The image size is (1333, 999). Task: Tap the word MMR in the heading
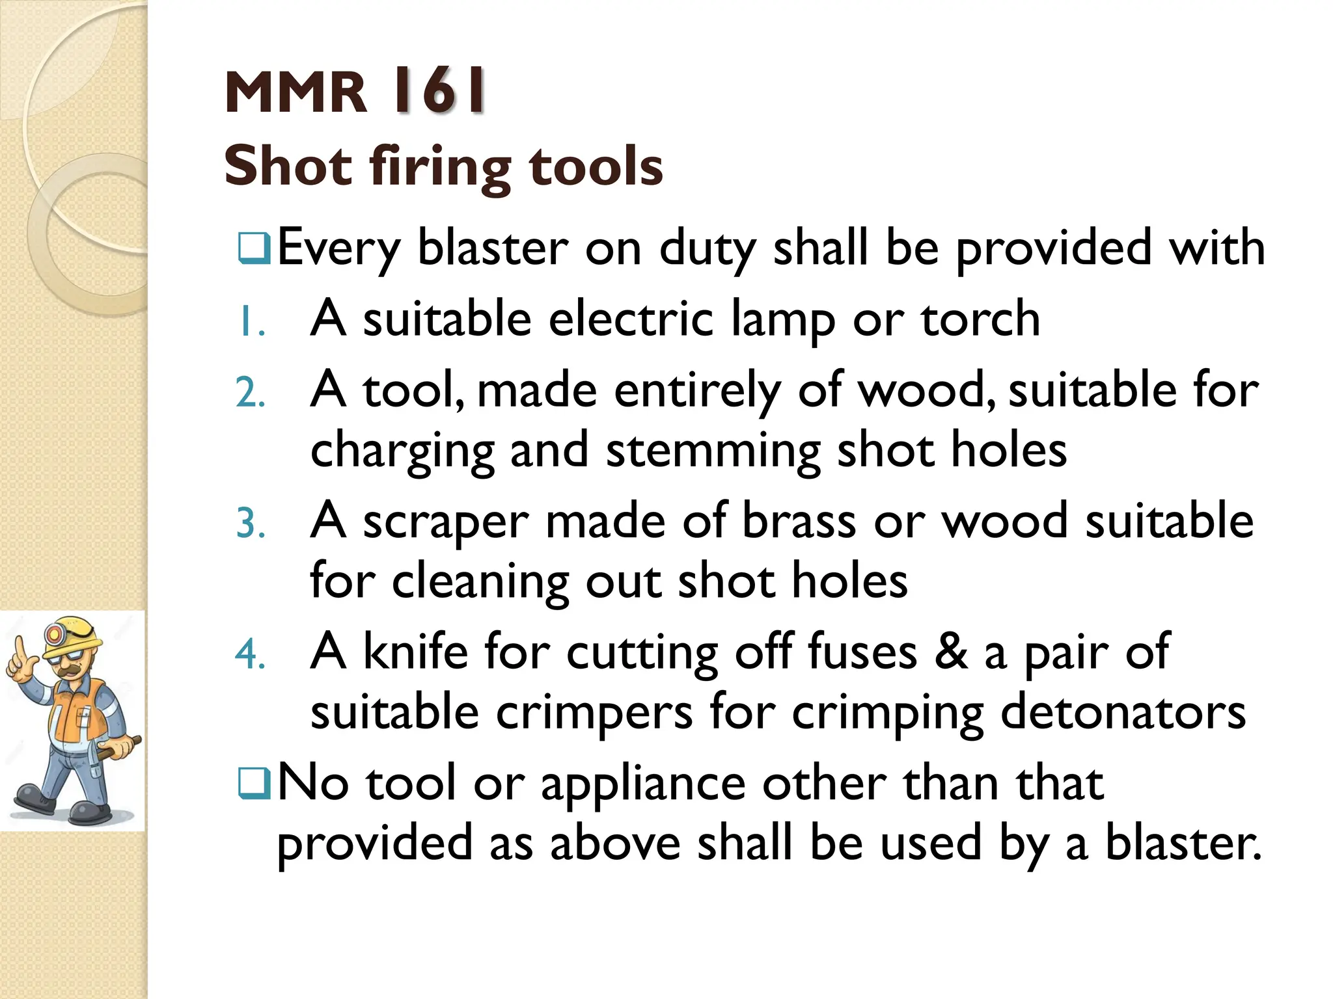tap(296, 92)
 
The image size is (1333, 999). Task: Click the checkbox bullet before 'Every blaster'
tap(254, 248)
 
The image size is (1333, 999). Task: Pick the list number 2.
tap(251, 393)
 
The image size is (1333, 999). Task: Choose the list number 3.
tap(251, 523)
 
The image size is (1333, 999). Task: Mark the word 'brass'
tap(799, 522)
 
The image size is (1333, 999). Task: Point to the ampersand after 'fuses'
tap(951, 652)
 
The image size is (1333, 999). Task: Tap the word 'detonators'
tap(1123, 712)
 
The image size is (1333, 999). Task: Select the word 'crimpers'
tap(594, 713)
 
